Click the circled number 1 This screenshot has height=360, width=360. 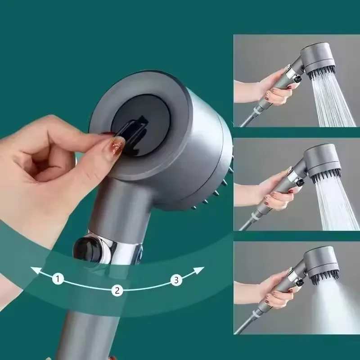click(58, 279)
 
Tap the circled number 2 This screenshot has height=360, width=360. click(117, 290)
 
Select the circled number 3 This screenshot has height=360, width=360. click(176, 280)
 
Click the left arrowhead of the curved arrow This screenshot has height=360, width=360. click(33, 270)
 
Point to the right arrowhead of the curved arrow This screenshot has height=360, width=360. click(201, 269)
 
